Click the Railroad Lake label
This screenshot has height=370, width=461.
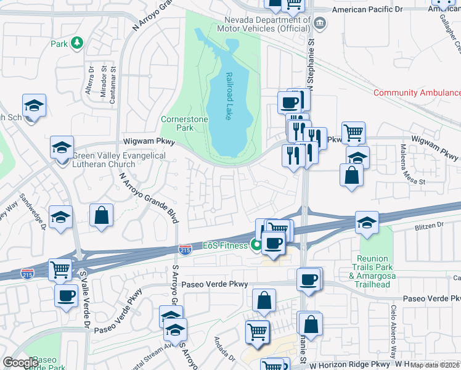click(229, 96)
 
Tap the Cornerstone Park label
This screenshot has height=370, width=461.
click(177, 123)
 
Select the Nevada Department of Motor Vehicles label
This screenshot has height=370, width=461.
click(263, 23)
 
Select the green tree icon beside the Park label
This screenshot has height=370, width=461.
click(77, 43)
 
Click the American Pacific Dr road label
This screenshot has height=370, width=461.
click(376, 10)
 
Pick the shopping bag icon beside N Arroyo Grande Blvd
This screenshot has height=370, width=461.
click(102, 216)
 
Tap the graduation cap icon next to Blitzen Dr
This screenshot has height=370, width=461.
click(367, 223)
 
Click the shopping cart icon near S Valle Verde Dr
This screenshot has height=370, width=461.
click(60, 269)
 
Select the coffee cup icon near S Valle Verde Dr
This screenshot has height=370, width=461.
click(66, 295)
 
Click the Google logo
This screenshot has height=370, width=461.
click(20, 363)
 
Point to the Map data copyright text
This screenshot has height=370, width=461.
click(435, 366)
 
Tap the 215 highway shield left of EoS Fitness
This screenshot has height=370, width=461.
click(184, 249)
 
